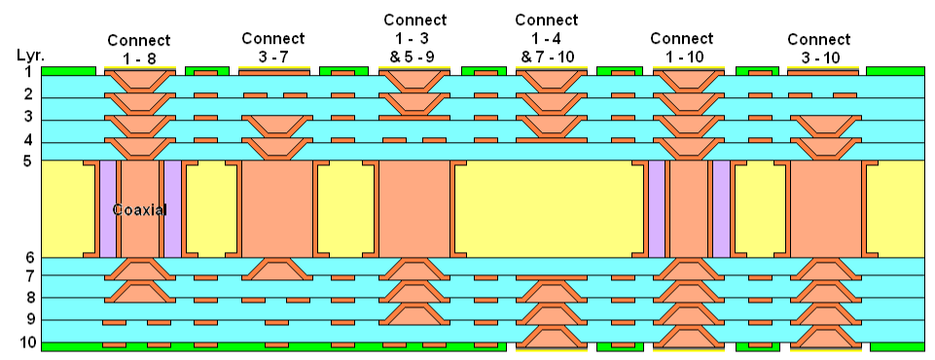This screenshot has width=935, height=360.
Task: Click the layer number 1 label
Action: (28, 71)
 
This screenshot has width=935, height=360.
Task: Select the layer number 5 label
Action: (28, 161)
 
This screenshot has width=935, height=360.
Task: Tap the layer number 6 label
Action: (28, 258)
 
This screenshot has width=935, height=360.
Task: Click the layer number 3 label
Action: (28, 117)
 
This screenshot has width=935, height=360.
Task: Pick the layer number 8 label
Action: (28, 298)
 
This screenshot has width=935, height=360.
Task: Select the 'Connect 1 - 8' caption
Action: (139, 50)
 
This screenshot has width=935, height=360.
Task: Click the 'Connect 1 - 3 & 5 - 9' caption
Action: (415, 38)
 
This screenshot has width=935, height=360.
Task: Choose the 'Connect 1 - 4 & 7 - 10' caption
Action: (547, 38)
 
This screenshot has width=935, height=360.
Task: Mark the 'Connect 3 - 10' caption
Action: (818, 49)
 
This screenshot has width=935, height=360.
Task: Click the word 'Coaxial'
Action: (140, 209)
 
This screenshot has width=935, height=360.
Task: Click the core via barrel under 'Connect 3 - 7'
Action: (276, 209)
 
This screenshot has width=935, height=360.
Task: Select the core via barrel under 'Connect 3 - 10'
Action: (825, 209)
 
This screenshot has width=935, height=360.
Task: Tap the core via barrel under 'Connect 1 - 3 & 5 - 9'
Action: (414, 209)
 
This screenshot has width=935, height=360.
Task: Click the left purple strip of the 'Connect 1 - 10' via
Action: (657, 209)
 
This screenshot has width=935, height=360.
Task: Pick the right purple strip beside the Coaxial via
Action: (172, 209)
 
